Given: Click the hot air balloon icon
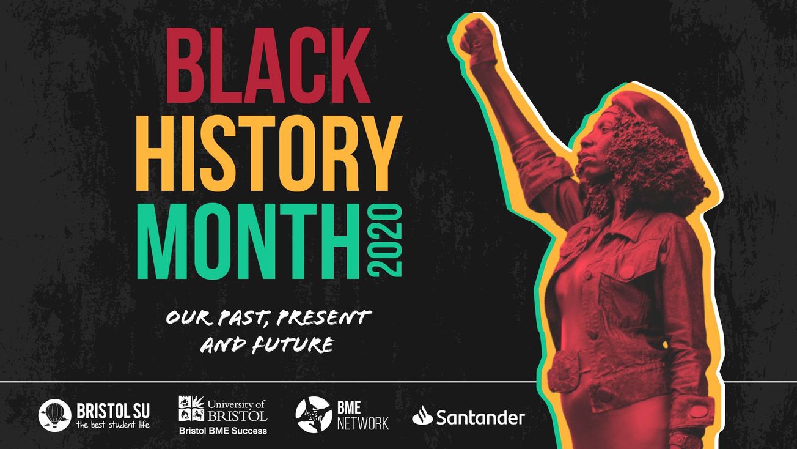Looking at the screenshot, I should [x=54, y=415].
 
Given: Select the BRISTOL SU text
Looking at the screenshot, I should [x=113, y=409].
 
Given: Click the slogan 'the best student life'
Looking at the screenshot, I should [x=113, y=423].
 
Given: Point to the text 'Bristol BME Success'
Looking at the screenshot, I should [x=222, y=431].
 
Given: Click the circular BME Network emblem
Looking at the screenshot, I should [x=313, y=415].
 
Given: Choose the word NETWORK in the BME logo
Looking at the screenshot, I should [x=363, y=423].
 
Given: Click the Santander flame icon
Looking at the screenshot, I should [x=422, y=417].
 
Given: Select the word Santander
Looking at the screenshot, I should [x=480, y=418].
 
